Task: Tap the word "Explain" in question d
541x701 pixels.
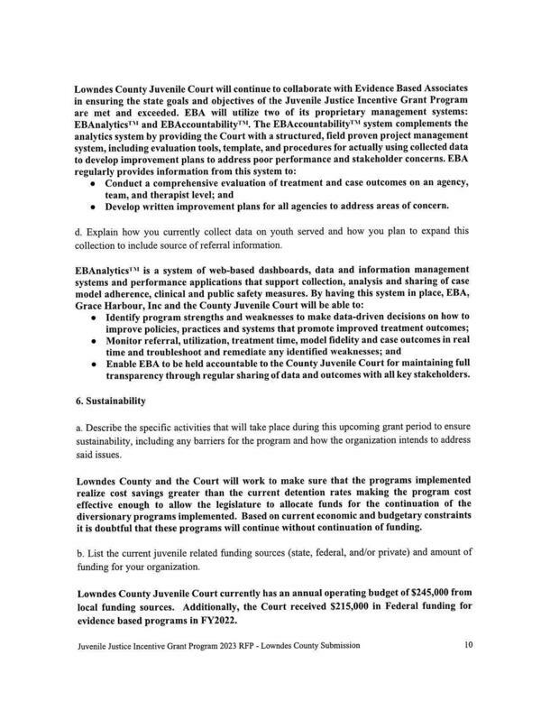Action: click(105, 231)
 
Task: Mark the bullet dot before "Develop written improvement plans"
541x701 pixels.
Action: click(96, 206)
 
